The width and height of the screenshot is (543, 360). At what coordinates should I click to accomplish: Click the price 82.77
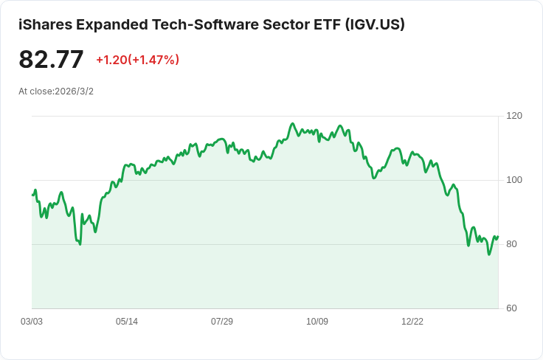click(x=51, y=60)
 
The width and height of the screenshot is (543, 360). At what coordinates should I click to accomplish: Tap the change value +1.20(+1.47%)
click(x=137, y=60)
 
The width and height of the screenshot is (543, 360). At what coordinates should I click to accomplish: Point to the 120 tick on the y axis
click(x=514, y=116)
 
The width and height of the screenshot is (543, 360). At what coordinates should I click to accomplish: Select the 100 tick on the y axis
click(x=514, y=180)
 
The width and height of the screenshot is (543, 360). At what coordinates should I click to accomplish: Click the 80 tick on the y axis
click(x=511, y=244)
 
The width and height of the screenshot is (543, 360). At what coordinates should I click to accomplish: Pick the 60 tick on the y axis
click(x=511, y=308)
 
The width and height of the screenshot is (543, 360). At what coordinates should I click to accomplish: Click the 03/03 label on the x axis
click(x=32, y=322)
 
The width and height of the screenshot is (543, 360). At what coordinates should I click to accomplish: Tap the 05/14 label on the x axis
click(x=127, y=322)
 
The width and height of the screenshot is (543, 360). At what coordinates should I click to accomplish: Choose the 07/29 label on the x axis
click(x=222, y=322)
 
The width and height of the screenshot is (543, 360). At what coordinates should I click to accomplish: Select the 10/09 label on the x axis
click(x=317, y=322)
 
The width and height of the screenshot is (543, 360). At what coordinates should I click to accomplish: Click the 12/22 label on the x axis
click(x=412, y=322)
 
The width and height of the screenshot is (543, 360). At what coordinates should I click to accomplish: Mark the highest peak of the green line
click(x=293, y=124)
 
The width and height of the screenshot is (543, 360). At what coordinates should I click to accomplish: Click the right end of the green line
click(x=498, y=237)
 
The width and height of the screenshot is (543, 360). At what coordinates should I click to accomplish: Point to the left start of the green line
click(x=32, y=195)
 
